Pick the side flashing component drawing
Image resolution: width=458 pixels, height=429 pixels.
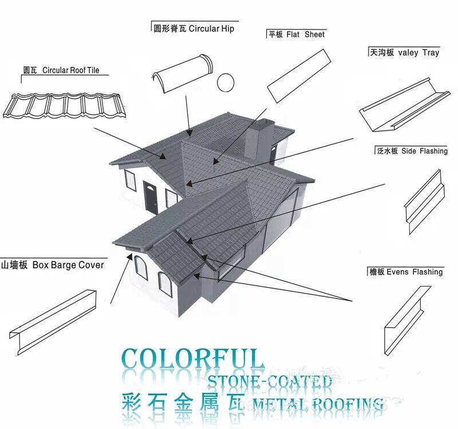[424, 200]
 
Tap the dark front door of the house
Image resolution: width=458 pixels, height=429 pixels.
[149, 197]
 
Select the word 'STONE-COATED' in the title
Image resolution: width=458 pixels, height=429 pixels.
[269, 382]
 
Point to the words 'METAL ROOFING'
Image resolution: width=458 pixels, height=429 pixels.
[318, 406]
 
